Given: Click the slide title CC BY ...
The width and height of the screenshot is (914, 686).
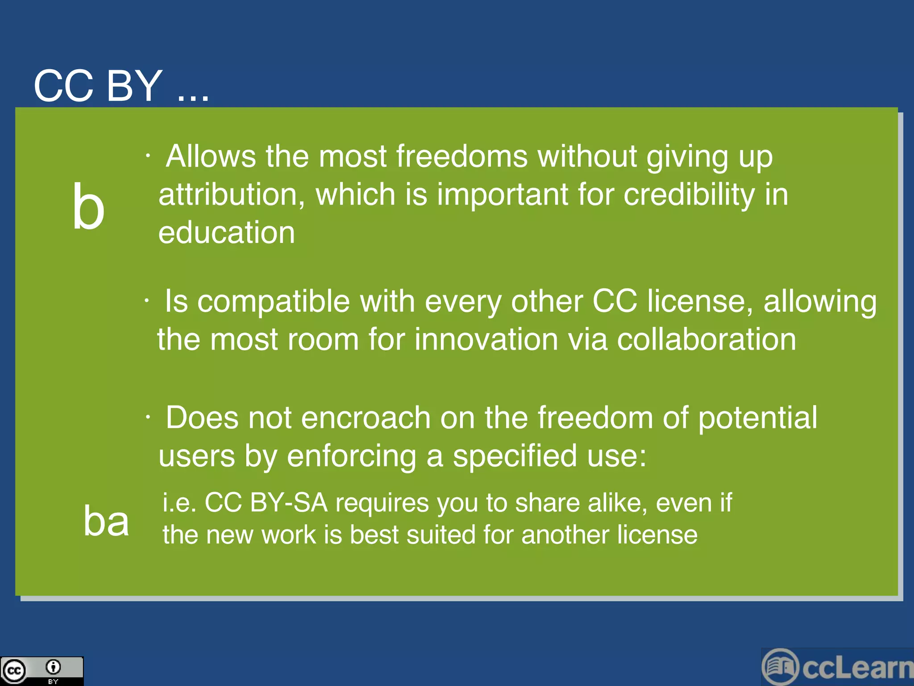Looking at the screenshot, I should (x=98, y=86).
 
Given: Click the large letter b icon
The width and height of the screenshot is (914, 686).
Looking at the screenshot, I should (x=88, y=206).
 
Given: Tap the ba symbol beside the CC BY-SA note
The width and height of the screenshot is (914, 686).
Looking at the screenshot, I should (x=106, y=520).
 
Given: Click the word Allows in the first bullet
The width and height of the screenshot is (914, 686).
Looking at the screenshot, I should (x=211, y=156).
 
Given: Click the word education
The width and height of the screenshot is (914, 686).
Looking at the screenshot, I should (x=227, y=233).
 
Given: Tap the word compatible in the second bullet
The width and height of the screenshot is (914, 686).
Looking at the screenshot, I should (x=273, y=301).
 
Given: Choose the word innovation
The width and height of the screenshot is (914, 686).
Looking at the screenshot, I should (x=486, y=339).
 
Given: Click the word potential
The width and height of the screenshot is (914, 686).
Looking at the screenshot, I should (x=757, y=419).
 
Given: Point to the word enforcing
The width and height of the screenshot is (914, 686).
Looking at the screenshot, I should (x=351, y=456).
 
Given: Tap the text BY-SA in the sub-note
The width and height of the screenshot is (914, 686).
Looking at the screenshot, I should (x=289, y=503).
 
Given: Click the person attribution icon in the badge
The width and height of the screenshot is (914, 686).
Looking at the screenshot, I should (x=53, y=667).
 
